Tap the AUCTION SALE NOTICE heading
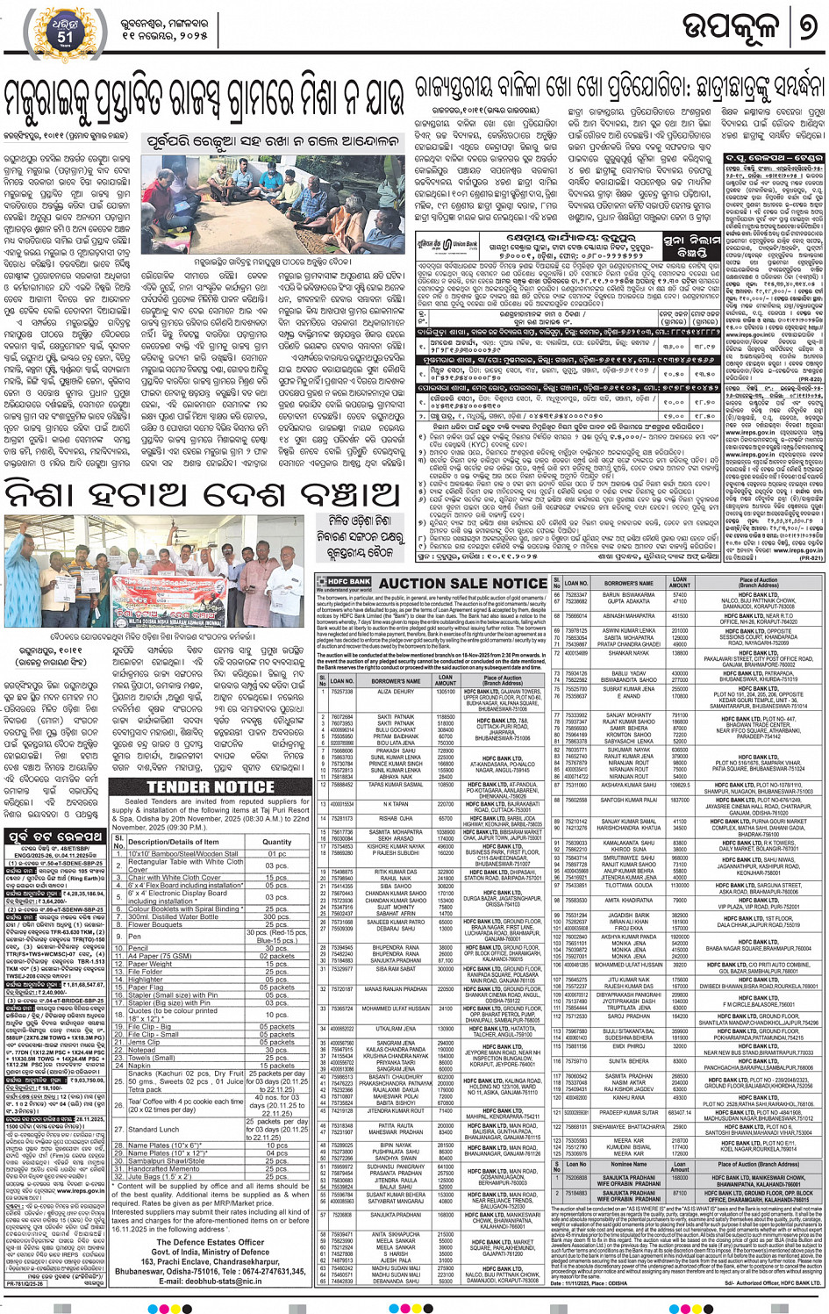tap(463, 583)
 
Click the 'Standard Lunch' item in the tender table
tap(154, 1130)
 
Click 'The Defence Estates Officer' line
tap(210, 1242)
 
